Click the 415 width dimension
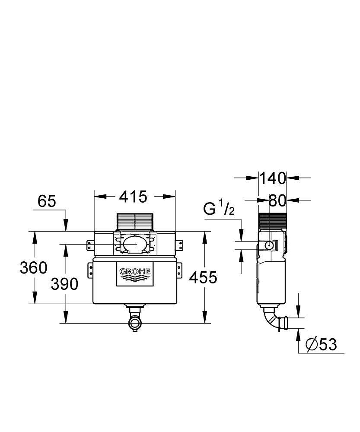pos(134,197)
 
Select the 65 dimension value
pos(47,201)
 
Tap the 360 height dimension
pos(33,268)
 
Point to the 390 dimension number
pos(65,284)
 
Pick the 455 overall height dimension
pos(203,277)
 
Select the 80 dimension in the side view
pos(277,200)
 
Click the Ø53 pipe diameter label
pos(321,344)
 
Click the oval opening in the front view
pos(135,244)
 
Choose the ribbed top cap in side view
pos(273,221)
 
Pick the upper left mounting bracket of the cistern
pos(90,245)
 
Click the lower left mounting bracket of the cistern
pos(90,271)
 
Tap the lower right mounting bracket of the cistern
pos(179,271)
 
